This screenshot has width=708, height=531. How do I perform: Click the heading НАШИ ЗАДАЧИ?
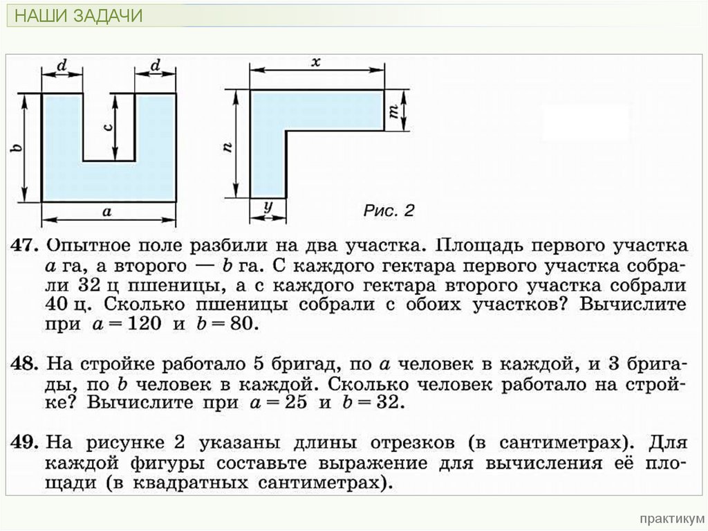click(78, 16)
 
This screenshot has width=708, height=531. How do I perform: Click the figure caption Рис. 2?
click(389, 210)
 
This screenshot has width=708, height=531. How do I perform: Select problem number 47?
click(21, 246)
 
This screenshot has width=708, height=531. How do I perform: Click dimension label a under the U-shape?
click(107, 213)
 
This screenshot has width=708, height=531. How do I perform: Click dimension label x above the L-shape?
click(315, 62)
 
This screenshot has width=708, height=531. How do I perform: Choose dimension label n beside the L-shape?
click(228, 146)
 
